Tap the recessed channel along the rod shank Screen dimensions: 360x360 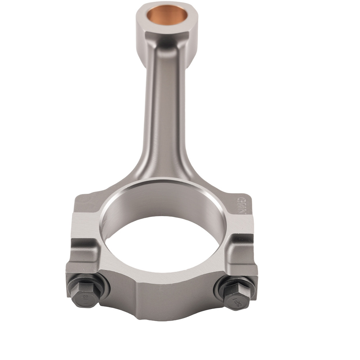click(164, 108)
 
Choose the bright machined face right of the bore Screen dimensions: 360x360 click(239, 225)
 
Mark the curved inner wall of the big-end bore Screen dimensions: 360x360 click(166, 202)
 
